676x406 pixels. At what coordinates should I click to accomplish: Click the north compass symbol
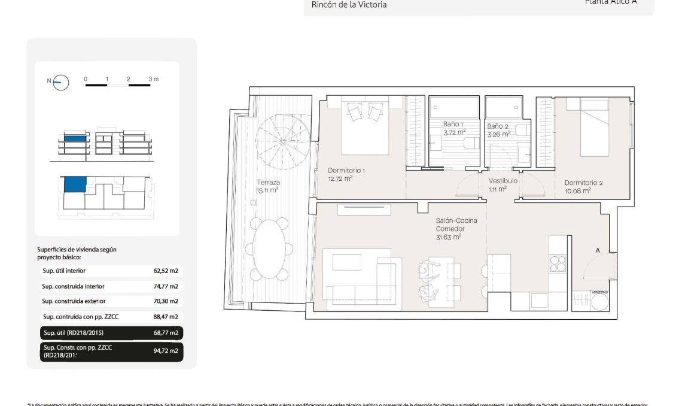[61, 83]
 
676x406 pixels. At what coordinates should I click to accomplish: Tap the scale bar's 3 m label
[153, 79]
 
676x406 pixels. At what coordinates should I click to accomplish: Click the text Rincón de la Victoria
[349, 5]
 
